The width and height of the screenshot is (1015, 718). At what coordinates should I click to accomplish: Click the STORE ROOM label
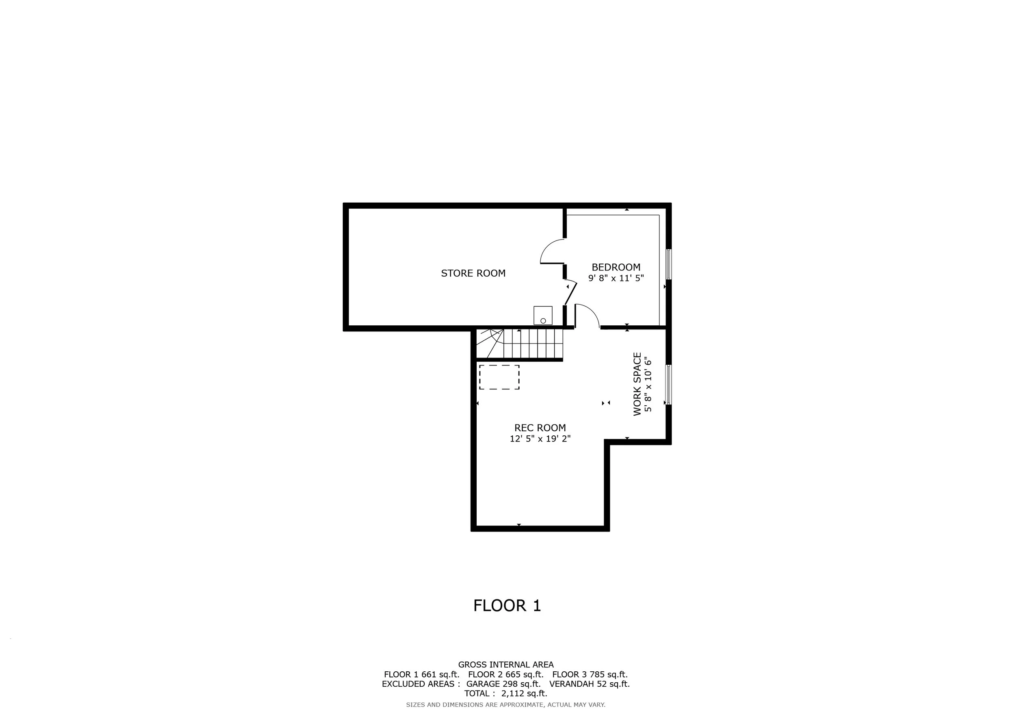(473, 273)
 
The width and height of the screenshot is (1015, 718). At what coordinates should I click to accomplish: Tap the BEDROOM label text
(616, 267)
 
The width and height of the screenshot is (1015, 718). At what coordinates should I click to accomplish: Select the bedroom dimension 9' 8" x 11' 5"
(616, 278)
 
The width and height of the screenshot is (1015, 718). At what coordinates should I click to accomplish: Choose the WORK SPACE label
(637, 384)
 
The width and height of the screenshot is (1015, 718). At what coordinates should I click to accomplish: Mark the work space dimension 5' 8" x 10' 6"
(648, 384)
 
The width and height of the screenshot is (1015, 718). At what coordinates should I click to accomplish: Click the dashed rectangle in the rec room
(499, 365)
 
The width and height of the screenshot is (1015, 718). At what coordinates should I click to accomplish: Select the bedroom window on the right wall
(668, 264)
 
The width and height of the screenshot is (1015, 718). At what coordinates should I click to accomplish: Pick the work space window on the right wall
(668, 384)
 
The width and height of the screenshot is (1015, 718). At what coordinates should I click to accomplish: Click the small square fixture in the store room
(543, 315)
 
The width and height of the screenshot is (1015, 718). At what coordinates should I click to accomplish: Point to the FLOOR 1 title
(507, 606)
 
